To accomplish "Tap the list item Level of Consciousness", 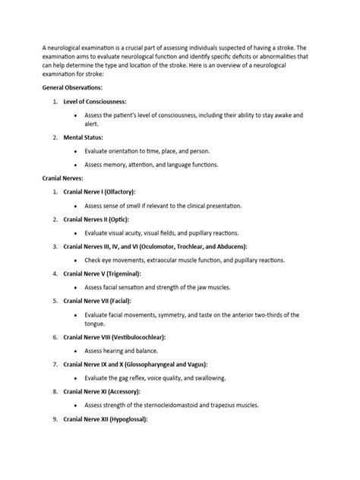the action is coord(96,101).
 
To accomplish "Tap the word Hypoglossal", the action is coord(128,418).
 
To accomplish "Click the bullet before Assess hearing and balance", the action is coord(77,350).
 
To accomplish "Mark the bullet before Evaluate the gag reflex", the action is coord(77,377).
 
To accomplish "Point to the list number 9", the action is coord(55,418).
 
